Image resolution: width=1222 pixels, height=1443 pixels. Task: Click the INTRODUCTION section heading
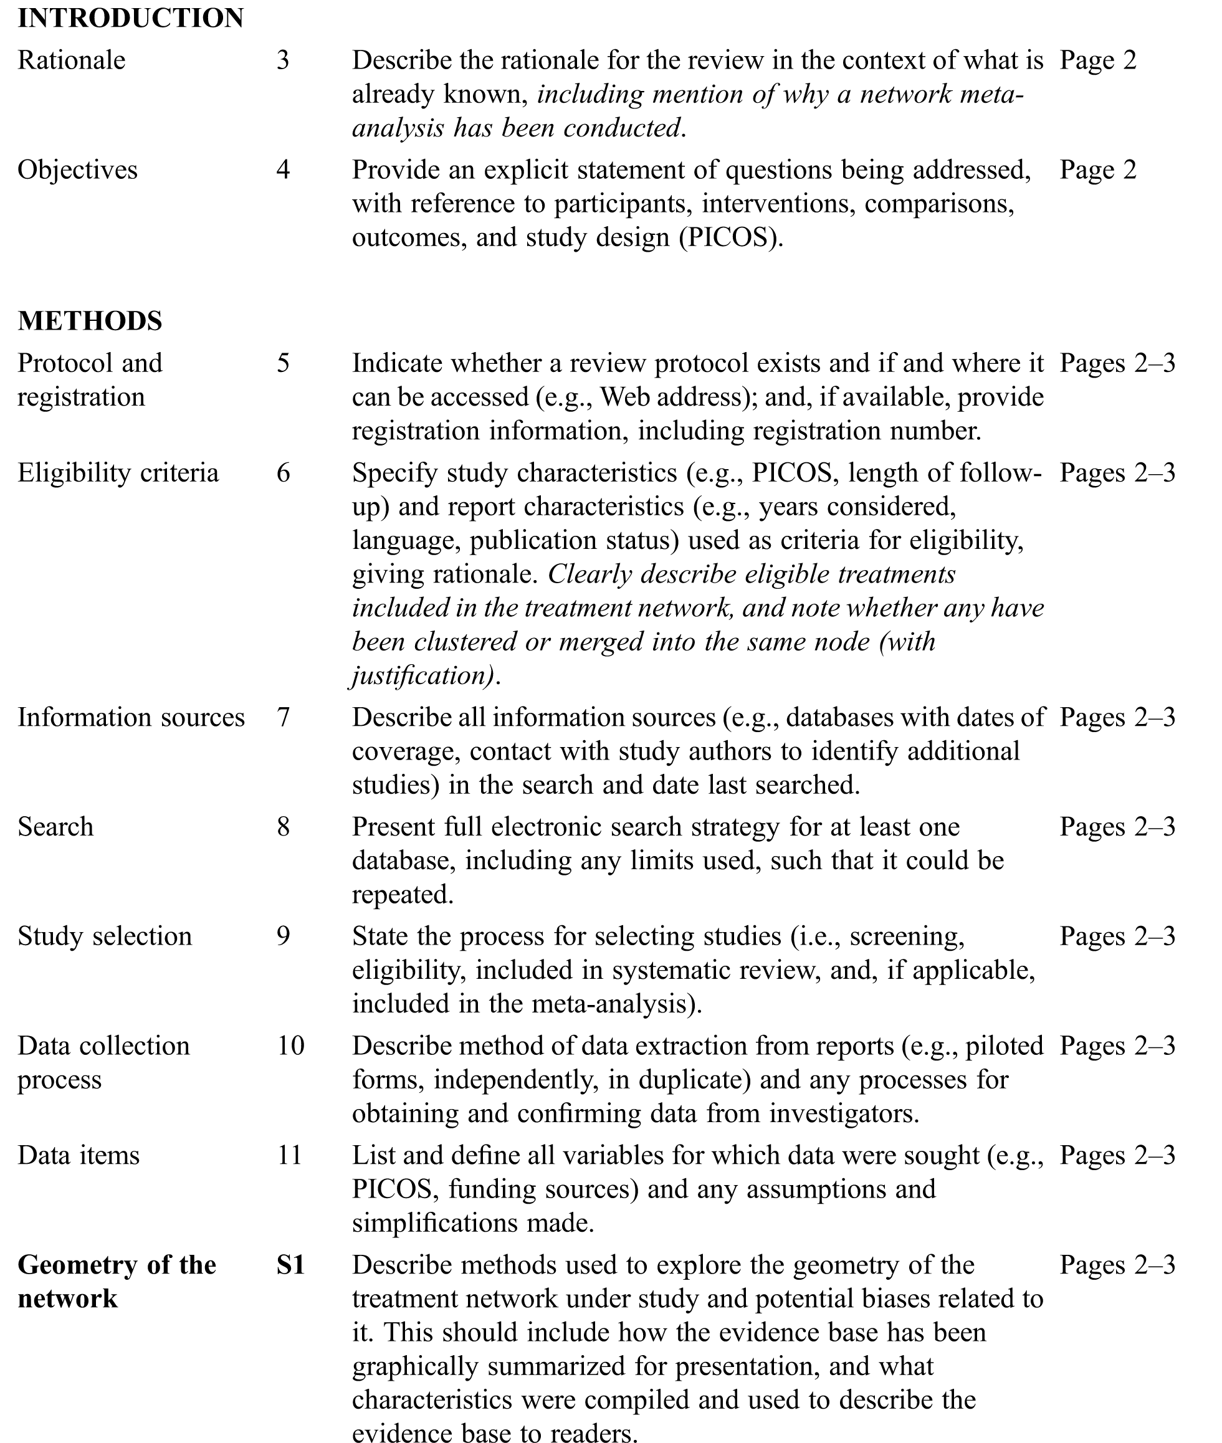[x=130, y=19]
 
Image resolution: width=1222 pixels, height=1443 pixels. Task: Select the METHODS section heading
[x=90, y=321]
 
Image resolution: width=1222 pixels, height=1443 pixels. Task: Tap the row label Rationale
[x=72, y=60]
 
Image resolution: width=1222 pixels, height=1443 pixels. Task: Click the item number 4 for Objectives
[x=283, y=169]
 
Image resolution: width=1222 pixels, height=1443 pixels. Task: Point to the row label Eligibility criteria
[x=118, y=473]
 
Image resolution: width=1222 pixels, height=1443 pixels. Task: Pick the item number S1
[x=290, y=1265]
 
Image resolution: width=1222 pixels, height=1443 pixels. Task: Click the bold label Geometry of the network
[x=117, y=1282]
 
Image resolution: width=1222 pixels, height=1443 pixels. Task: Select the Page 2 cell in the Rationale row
[x=1098, y=60]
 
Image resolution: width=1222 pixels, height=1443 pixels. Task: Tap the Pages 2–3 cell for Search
[x=1117, y=826]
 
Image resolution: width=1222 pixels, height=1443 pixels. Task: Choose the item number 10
[x=290, y=1045]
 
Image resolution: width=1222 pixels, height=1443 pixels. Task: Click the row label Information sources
[x=131, y=717]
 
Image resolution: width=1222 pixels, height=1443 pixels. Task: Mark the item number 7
[x=283, y=717]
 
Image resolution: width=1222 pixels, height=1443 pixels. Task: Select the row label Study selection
[x=105, y=936]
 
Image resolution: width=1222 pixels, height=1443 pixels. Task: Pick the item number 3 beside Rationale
[x=283, y=60]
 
